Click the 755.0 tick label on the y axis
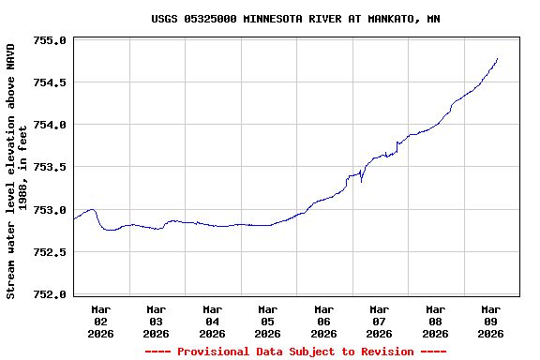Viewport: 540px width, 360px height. (x=50, y=40)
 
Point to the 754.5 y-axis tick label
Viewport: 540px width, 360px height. (x=50, y=82)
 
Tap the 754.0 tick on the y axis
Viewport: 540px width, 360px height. (x=50, y=125)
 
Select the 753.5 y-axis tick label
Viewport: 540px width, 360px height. (x=50, y=167)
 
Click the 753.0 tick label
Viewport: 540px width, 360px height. (x=50, y=210)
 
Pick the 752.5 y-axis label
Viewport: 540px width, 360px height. (x=50, y=252)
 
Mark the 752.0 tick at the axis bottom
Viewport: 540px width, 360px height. (x=50, y=294)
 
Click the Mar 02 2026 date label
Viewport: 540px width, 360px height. (x=100, y=321)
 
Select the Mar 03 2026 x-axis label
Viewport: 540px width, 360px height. (x=157, y=321)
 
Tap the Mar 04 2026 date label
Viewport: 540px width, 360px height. (x=212, y=321)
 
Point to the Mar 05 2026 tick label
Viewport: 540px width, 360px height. (x=268, y=321)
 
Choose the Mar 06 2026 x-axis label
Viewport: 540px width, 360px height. (x=323, y=321)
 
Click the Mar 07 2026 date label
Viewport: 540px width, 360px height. (x=380, y=321)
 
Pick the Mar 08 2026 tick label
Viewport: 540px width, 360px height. (x=435, y=321)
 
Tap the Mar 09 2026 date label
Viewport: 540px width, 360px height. (x=491, y=321)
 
